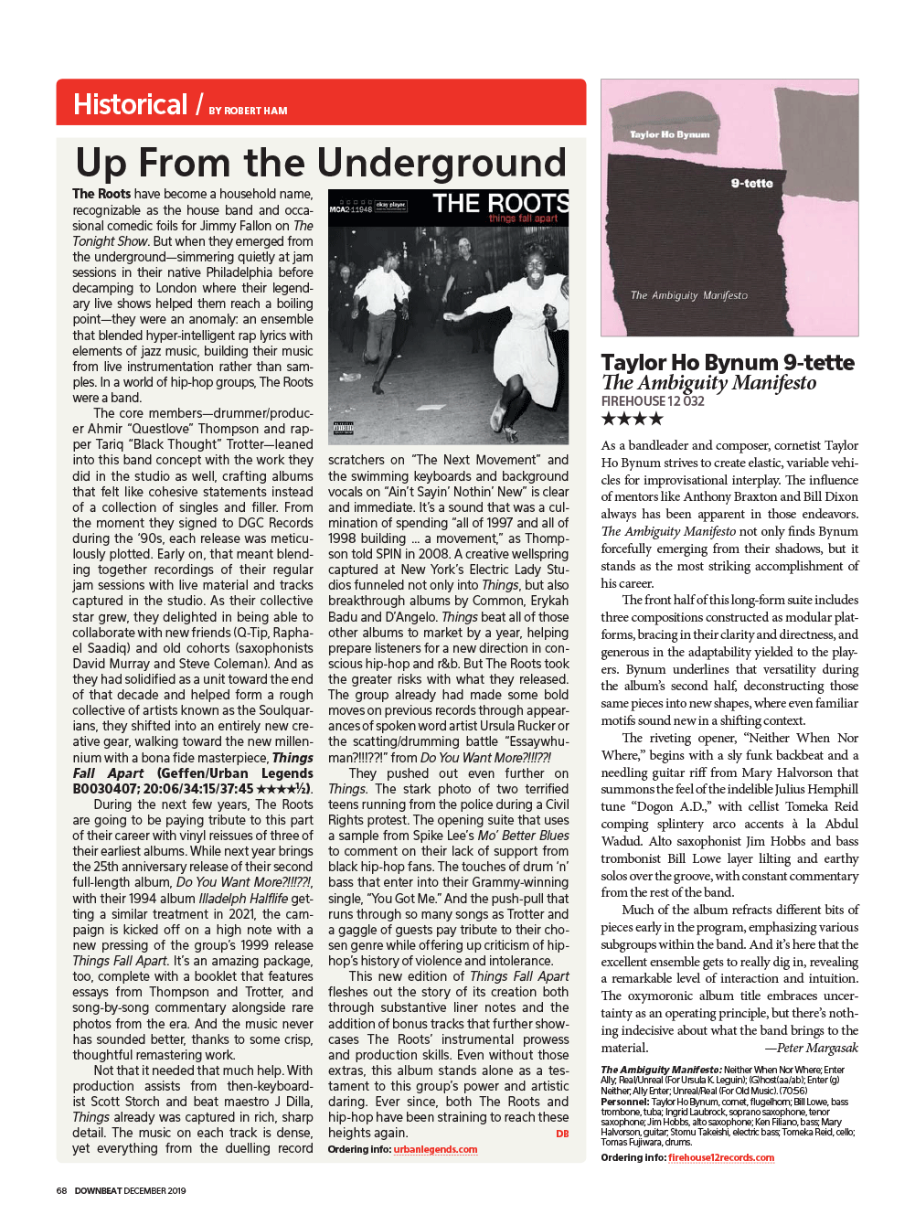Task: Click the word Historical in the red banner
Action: [x=130, y=104]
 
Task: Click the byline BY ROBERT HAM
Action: [x=248, y=111]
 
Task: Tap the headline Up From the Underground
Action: [x=321, y=163]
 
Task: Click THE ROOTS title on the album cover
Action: [x=501, y=202]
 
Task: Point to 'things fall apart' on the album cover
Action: [x=523, y=218]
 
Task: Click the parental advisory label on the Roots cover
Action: [x=344, y=428]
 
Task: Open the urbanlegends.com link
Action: [x=435, y=1149]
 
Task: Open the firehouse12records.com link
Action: [x=721, y=1157]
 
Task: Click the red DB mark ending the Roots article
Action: [x=562, y=1134]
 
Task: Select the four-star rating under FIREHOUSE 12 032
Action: [x=632, y=420]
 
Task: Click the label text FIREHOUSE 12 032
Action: [x=653, y=401]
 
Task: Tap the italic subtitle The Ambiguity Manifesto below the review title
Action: [x=708, y=383]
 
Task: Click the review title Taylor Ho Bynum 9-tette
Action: [x=728, y=362]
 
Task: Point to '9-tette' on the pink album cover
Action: [x=751, y=184]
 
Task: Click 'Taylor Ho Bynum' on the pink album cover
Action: [x=669, y=134]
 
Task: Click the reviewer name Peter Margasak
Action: [x=817, y=1048]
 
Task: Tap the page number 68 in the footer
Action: [x=61, y=1190]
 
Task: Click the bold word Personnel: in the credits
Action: [x=624, y=1102]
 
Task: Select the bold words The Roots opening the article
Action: [x=101, y=194]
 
